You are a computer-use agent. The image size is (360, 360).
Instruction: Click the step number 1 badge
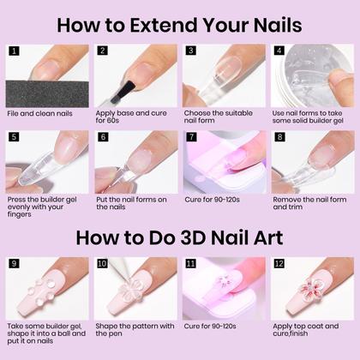tap(14, 51)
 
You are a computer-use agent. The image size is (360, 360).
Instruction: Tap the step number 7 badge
tap(191, 136)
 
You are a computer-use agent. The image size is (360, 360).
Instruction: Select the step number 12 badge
tap(279, 263)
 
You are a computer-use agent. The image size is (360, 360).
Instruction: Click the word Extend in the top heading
tap(164, 25)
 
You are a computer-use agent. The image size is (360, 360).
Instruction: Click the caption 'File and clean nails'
tap(39, 113)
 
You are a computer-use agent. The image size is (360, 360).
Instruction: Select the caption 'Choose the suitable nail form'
tap(218, 117)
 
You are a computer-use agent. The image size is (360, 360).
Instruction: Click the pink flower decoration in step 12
tap(311, 288)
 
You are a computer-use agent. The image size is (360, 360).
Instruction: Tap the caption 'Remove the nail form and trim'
tap(309, 203)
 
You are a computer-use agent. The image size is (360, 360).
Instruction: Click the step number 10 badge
tap(102, 263)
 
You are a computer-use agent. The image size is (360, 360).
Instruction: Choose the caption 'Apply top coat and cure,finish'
tap(306, 330)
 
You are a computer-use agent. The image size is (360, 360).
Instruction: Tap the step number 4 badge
tap(279, 51)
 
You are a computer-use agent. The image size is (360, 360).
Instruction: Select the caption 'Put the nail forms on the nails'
tap(131, 203)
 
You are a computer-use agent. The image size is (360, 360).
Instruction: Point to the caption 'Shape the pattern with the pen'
tap(135, 330)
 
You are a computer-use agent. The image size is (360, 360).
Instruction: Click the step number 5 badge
tap(14, 136)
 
